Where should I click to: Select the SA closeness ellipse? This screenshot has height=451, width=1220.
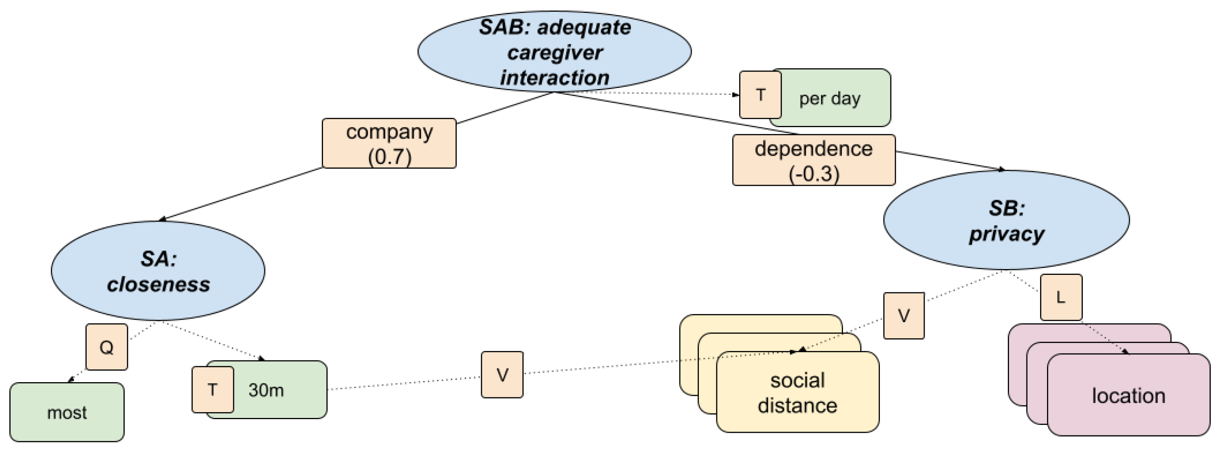(x=158, y=271)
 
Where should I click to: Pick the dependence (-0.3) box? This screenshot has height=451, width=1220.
(x=813, y=160)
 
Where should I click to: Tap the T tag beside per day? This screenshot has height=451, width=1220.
(x=761, y=95)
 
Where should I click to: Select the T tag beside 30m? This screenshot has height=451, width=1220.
(x=213, y=390)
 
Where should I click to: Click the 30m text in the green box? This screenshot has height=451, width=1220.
(x=266, y=390)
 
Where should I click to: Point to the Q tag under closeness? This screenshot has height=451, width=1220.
(x=106, y=347)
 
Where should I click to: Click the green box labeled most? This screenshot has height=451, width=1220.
(x=67, y=413)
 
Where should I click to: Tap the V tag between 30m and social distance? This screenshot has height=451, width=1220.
(x=502, y=375)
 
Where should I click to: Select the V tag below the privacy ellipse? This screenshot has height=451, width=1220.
(x=904, y=316)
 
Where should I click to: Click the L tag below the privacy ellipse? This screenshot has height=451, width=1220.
(x=1061, y=297)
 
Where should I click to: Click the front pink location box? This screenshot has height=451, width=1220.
(x=1128, y=395)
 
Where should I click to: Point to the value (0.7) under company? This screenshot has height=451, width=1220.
(x=389, y=156)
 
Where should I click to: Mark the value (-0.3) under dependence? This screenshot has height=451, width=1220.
(x=813, y=173)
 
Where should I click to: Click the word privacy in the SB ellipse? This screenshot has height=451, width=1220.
(x=1006, y=234)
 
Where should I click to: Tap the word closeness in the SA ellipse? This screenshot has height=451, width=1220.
(x=158, y=285)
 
